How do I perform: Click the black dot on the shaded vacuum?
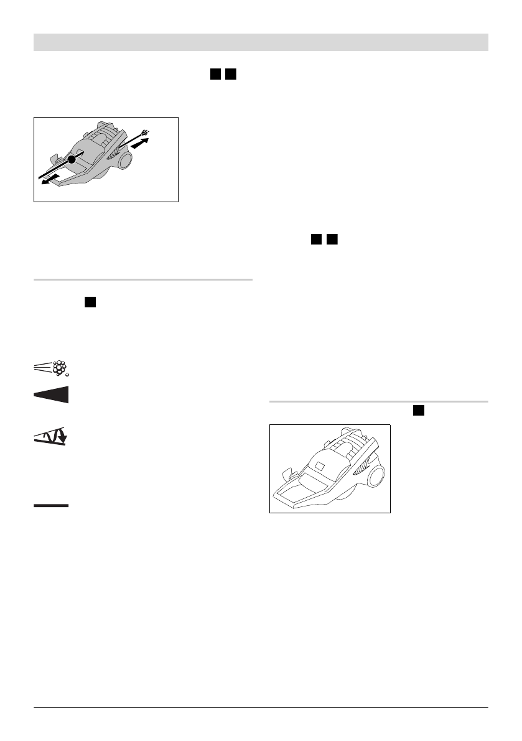72,160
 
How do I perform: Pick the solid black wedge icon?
51,394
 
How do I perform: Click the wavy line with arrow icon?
51,437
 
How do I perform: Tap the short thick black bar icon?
51,506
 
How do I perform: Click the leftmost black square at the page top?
215,74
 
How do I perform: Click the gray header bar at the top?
261,42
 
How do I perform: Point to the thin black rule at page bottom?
261,707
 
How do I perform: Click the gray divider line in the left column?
143,280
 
